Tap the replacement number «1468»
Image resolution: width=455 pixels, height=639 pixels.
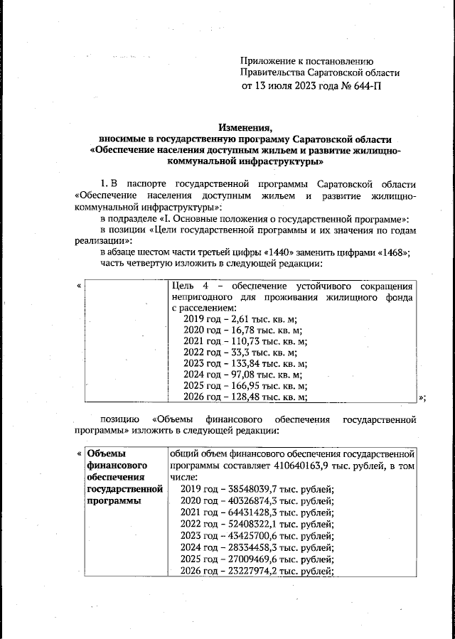393,252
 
